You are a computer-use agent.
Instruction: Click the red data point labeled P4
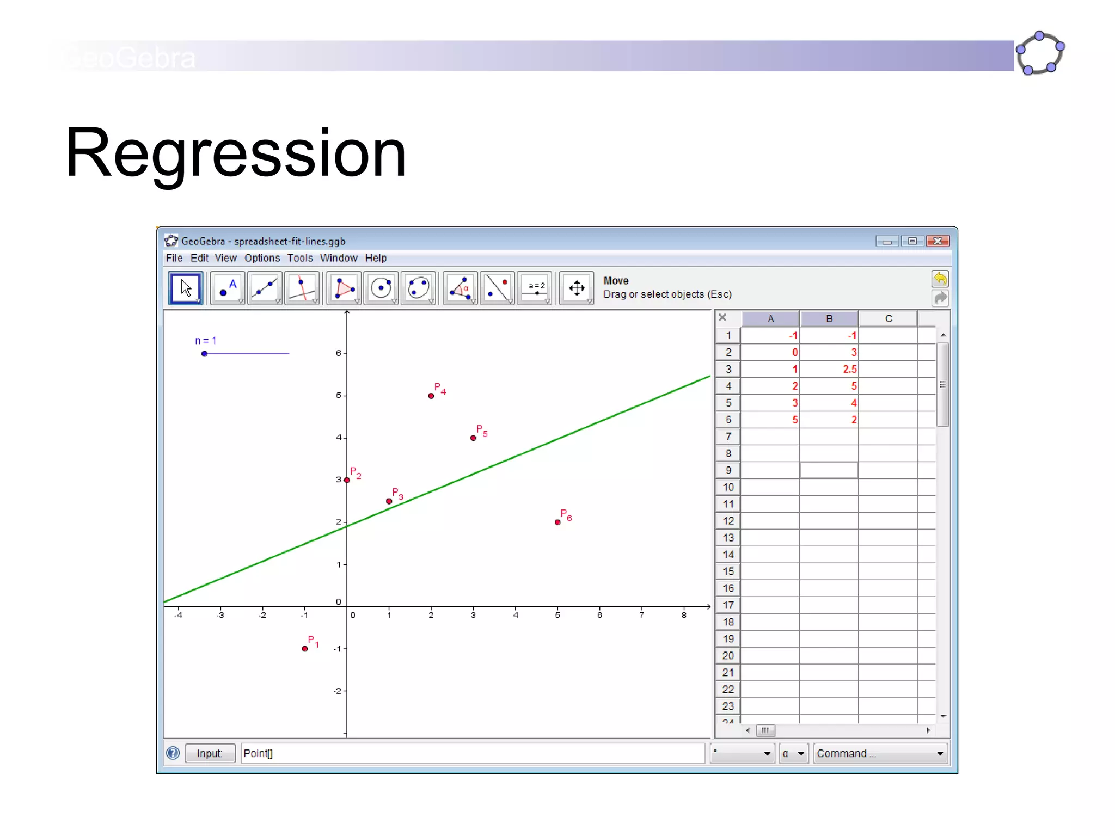click(431, 396)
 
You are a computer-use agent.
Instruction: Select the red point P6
click(557, 522)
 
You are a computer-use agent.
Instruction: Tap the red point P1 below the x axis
click(305, 649)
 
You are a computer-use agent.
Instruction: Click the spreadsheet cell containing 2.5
click(829, 369)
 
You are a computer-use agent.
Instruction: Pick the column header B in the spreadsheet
click(829, 318)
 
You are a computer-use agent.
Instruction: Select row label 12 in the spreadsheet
click(728, 521)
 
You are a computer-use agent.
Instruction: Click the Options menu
click(262, 258)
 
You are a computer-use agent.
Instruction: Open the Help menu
click(376, 258)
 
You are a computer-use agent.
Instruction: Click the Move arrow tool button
click(186, 288)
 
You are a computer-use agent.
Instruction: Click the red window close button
click(938, 241)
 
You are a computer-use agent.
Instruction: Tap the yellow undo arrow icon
click(940, 279)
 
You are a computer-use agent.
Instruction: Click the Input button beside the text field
click(210, 753)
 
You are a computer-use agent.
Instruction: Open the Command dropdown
click(880, 753)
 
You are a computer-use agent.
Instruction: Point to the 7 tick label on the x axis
click(641, 616)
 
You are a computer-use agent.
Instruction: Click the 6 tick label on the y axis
click(339, 353)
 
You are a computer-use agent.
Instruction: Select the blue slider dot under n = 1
click(205, 354)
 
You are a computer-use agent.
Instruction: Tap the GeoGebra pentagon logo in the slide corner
click(1040, 53)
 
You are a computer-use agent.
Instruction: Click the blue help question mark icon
click(173, 753)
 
